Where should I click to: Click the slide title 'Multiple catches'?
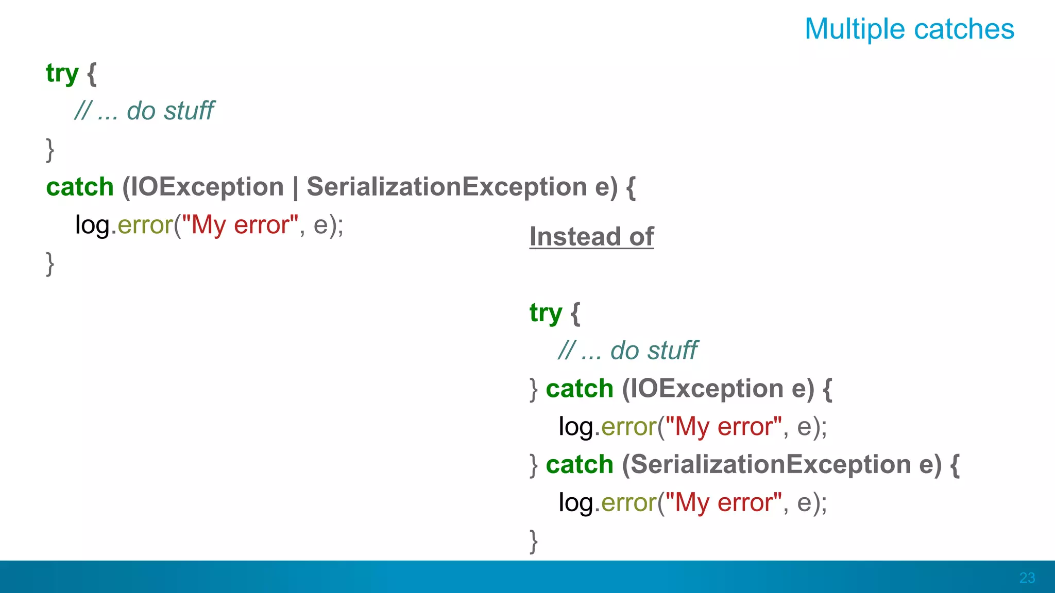click(909, 29)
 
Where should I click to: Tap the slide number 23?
click(1027, 578)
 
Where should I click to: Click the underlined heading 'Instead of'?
click(591, 237)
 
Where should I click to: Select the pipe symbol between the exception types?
click(295, 187)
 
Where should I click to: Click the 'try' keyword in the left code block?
click(62, 74)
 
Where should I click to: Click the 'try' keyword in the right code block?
click(546, 313)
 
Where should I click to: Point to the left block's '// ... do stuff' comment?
click(144, 111)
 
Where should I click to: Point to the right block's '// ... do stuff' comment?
click(628, 351)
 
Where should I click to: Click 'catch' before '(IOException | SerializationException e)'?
click(80, 187)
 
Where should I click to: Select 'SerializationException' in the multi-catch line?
click(447, 187)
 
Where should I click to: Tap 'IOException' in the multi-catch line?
click(207, 187)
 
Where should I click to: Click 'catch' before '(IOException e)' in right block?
click(580, 389)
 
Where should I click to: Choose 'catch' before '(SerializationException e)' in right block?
click(580, 465)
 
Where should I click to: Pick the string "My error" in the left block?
click(240, 225)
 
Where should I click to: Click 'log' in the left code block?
click(93, 225)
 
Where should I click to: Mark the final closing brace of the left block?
click(50, 264)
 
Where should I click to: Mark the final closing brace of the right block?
click(534, 541)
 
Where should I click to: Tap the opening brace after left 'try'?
click(92, 74)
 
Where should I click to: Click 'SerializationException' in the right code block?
click(771, 465)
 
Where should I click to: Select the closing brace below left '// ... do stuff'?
click(50, 149)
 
